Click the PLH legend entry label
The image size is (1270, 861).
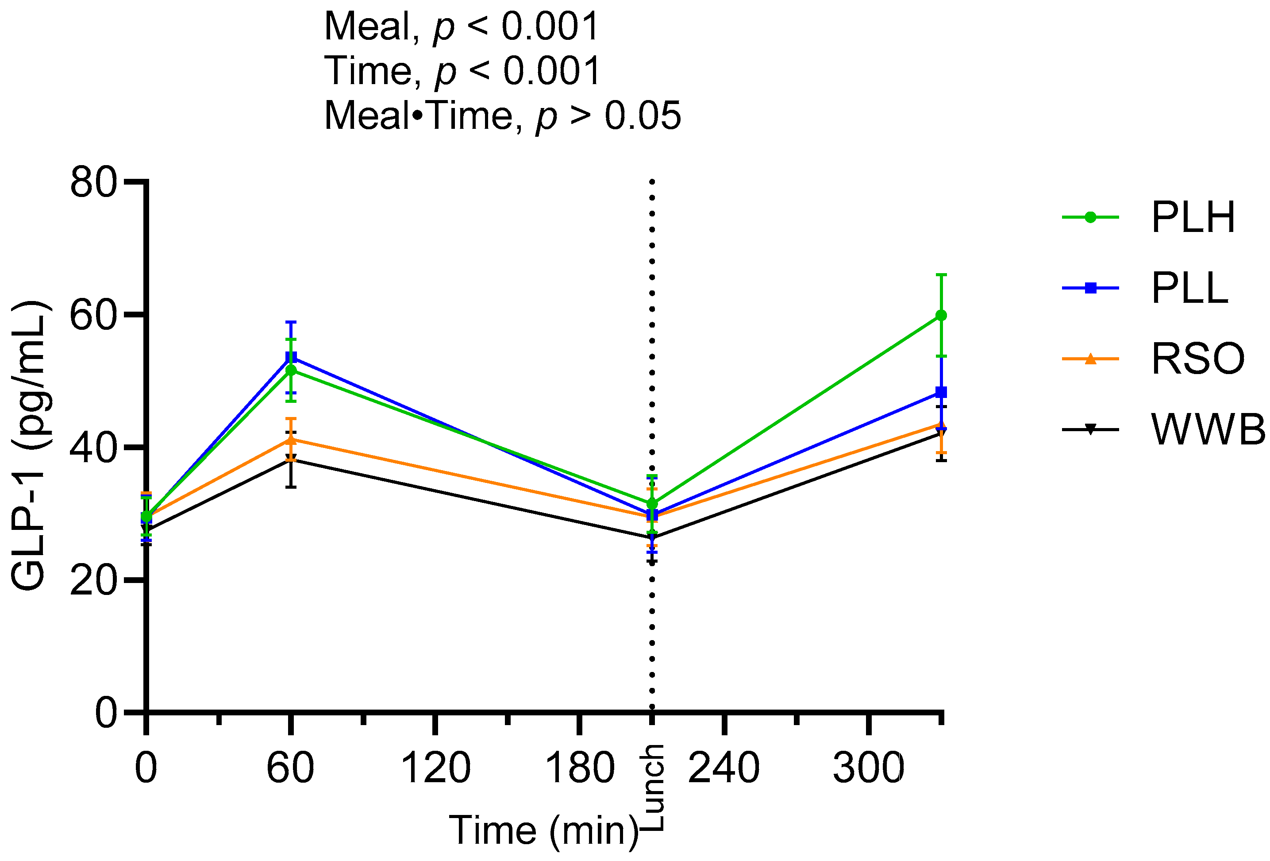coord(1193,217)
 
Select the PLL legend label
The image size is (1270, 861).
coord(1189,288)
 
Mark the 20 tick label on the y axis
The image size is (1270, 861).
coord(93,580)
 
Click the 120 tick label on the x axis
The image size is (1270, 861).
coord(435,768)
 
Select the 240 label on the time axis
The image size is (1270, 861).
coord(724,768)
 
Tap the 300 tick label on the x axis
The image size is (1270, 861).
coord(868,768)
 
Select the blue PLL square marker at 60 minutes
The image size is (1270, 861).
coord(291,358)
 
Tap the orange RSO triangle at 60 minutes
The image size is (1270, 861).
coord(291,439)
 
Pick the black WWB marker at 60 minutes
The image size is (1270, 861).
coord(291,458)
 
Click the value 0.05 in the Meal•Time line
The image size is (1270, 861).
coord(643,116)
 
